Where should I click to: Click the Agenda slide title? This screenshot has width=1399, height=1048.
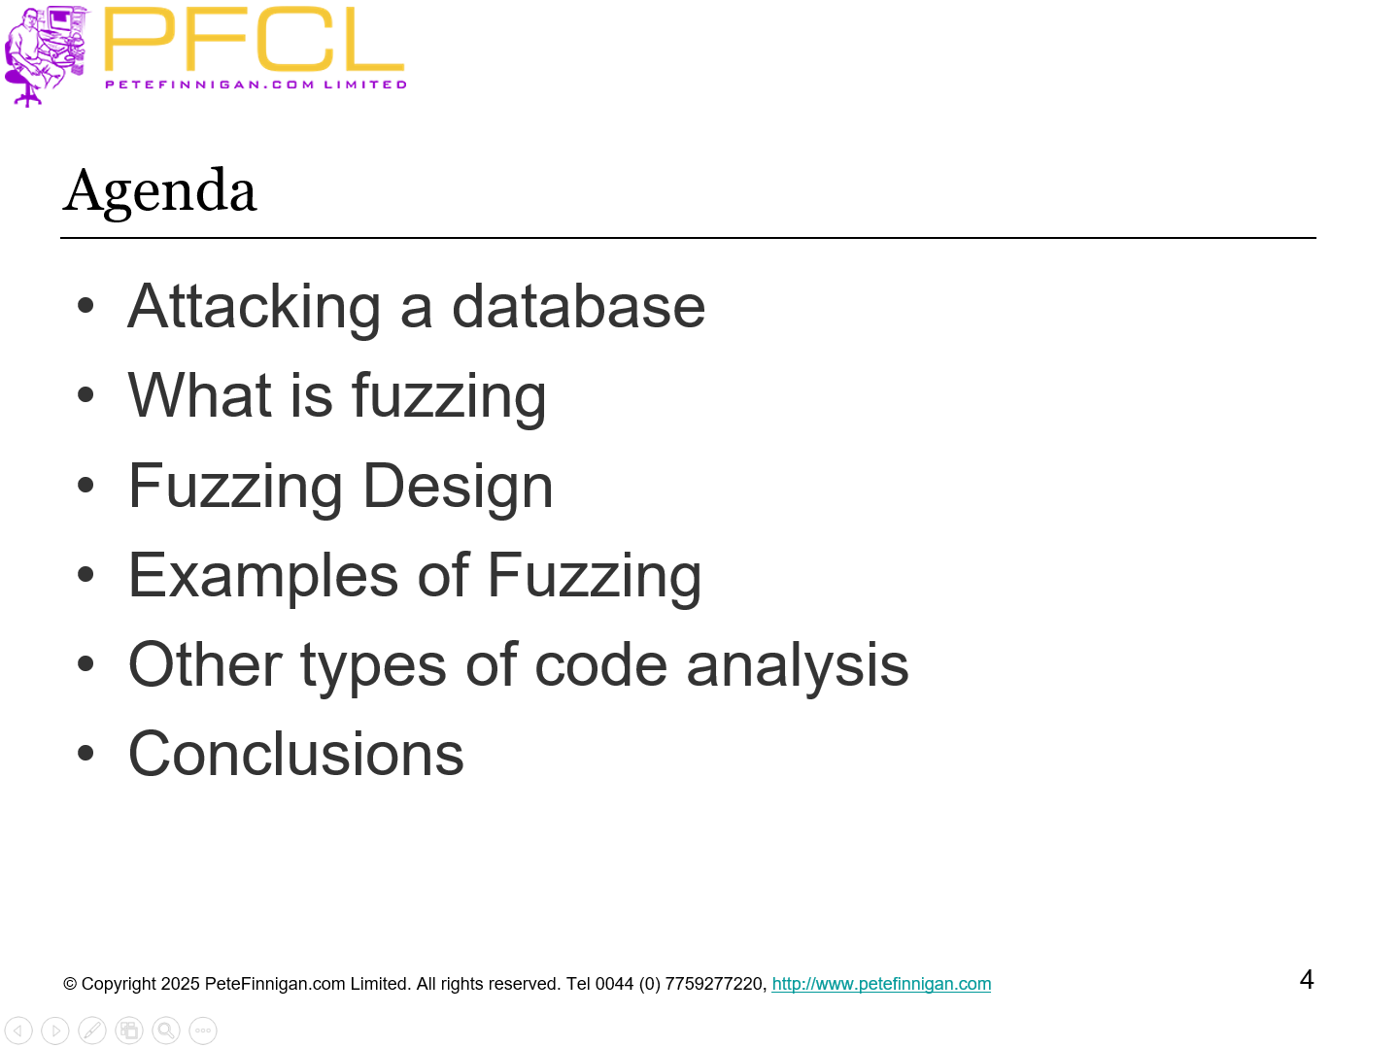point(160,191)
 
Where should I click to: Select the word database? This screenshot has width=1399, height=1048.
point(578,307)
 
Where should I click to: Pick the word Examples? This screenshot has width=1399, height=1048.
point(263,577)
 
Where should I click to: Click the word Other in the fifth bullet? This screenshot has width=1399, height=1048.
point(205,664)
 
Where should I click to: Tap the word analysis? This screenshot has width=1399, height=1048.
point(797,666)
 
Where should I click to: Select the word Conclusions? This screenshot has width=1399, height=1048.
point(296,755)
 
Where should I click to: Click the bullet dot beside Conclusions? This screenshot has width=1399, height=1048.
point(85,753)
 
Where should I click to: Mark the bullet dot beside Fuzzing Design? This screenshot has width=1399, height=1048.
point(85,486)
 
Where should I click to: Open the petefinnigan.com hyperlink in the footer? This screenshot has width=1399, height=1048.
point(881,984)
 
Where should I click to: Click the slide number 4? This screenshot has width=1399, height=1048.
point(1307,980)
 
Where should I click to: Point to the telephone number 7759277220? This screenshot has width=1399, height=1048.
point(713,984)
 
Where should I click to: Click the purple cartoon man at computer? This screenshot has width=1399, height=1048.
point(45,56)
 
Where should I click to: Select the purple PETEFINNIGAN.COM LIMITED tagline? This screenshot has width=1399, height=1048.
point(256,85)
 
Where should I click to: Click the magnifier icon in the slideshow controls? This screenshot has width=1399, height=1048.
point(166,1031)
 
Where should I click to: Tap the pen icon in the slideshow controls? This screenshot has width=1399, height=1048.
point(91,1031)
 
